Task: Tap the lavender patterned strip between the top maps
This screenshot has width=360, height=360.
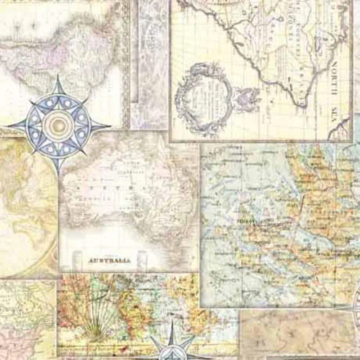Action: coord(148,58)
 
